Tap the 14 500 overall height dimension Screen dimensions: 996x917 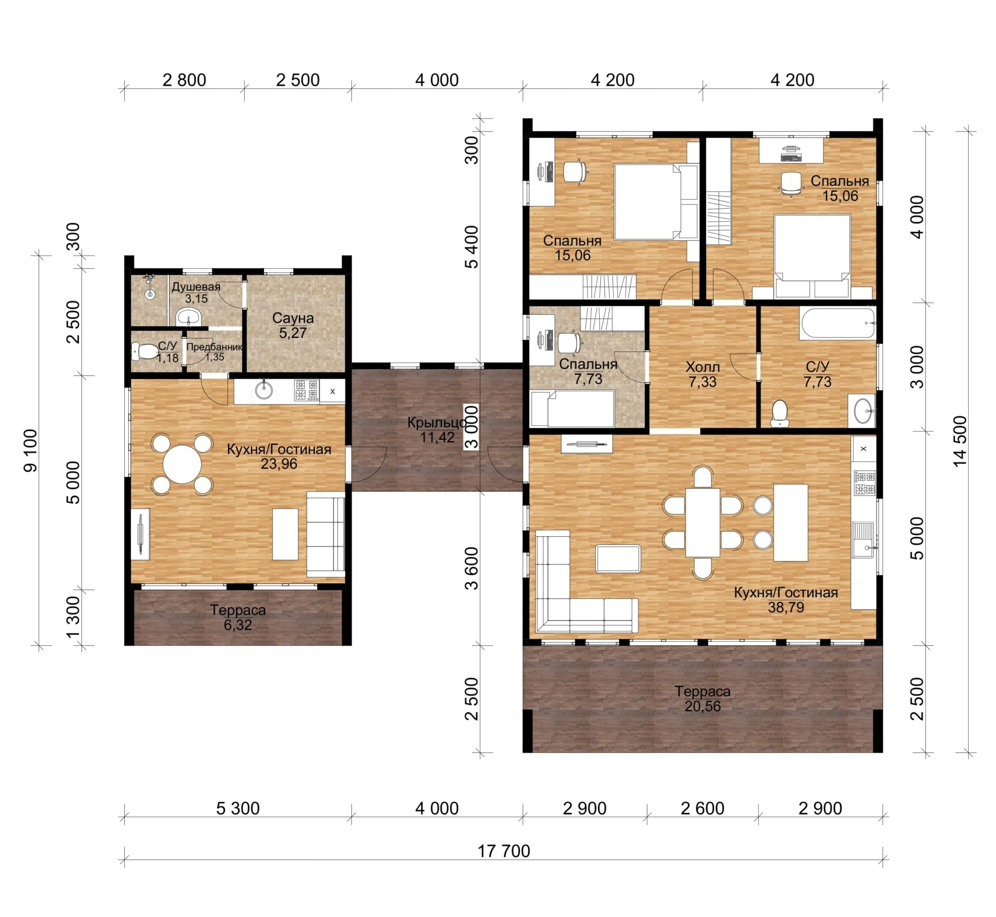960,441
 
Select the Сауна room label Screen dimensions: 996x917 293,318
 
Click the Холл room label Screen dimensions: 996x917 702,367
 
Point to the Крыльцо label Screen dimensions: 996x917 437,422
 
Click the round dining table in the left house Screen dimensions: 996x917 182,464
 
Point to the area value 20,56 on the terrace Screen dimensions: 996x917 702,706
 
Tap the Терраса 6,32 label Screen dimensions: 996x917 238,617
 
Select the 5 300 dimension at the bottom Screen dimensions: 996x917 238,808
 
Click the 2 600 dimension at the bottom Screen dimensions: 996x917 702,808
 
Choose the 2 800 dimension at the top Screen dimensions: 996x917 184,80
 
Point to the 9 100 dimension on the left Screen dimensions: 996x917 30,450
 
